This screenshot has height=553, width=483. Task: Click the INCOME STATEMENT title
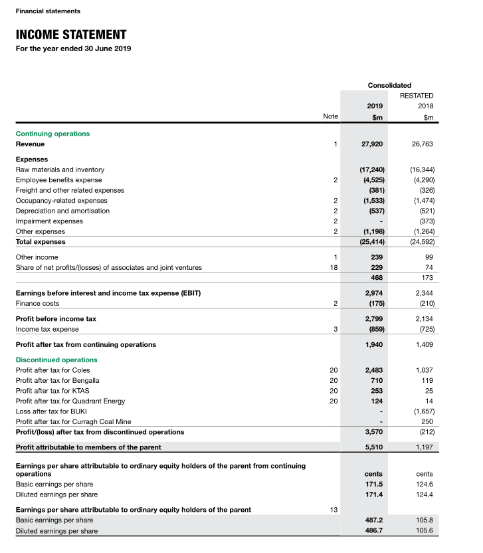point(71,35)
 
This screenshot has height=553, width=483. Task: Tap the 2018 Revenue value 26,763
point(422,144)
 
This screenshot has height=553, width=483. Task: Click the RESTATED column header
point(417,96)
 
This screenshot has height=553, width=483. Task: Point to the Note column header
point(330,116)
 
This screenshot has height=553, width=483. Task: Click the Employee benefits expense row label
point(59,180)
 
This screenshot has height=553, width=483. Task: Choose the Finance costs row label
point(37,303)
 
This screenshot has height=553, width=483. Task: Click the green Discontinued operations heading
point(56,360)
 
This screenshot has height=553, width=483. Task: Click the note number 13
point(334,510)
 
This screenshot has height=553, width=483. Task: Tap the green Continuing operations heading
point(52,134)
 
